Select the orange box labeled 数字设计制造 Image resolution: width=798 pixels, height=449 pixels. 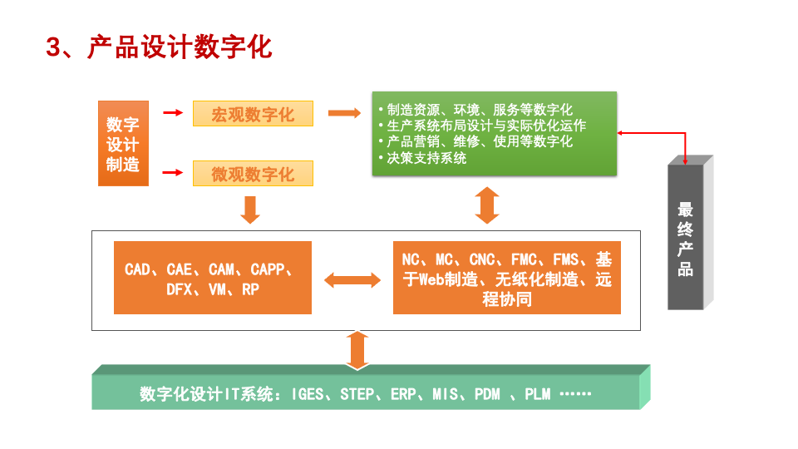[x=122, y=144]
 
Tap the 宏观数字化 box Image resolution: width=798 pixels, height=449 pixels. [x=253, y=114]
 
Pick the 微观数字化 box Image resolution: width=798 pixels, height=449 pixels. [x=253, y=174]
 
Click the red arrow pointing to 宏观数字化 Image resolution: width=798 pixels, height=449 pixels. [x=172, y=113]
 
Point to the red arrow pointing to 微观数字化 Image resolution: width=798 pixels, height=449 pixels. [x=172, y=173]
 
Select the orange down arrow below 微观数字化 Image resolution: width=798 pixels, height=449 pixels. [x=250, y=209]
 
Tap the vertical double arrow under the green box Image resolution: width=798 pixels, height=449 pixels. [x=487, y=205]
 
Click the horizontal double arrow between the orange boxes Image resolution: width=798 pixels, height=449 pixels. [x=352, y=280]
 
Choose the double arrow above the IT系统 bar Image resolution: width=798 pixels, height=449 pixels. [x=357, y=349]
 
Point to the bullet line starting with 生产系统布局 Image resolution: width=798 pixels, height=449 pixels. [x=485, y=126]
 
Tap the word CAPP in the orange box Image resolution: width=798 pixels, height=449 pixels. [x=268, y=269]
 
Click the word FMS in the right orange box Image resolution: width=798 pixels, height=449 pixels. [x=566, y=260]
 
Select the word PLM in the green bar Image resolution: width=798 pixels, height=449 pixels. [x=537, y=394]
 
